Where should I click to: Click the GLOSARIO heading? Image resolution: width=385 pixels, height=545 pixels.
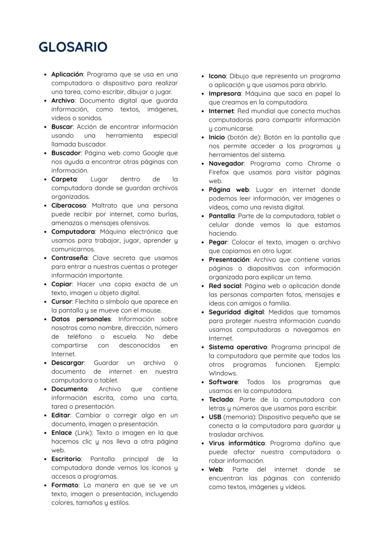tap(73, 47)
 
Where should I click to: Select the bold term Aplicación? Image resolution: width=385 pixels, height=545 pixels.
tap(67, 75)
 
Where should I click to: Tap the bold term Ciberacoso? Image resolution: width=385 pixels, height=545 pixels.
tap(68, 206)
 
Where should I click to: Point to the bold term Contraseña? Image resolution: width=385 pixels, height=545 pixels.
tap(69, 258)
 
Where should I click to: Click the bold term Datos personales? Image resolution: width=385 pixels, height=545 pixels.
tap(81, 319)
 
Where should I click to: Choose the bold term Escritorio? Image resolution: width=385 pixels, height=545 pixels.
tap(66, 459)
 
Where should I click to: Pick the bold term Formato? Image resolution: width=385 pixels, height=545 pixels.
tap(65, 485)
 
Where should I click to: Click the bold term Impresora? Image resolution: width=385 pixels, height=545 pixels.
tap(225, 94)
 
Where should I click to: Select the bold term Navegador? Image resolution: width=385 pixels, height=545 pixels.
tap(226, 164)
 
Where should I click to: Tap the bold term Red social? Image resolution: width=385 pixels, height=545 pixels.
tap(225, 286)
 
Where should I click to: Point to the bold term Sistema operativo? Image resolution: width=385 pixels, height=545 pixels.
tap(238, 347)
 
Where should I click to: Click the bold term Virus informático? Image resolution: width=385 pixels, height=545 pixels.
tap(237, 444)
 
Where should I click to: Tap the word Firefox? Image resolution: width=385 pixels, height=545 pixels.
tap(219, 173)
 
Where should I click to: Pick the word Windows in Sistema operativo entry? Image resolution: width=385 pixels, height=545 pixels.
tap(222, 374)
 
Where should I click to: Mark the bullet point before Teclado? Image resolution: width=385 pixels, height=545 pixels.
tap(203, 400)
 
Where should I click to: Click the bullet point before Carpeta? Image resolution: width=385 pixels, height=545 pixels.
tap(45, 180)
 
